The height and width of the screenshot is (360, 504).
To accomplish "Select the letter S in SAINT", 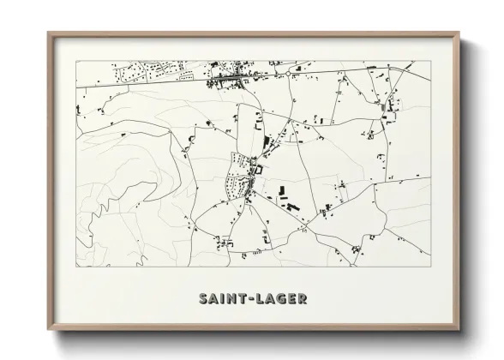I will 203,299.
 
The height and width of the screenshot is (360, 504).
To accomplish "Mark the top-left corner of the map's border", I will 76,62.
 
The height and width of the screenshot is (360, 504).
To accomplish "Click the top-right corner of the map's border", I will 430,62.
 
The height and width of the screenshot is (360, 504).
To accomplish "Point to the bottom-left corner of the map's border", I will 76,266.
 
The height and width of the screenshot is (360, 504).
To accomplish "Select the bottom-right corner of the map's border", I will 430,266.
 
